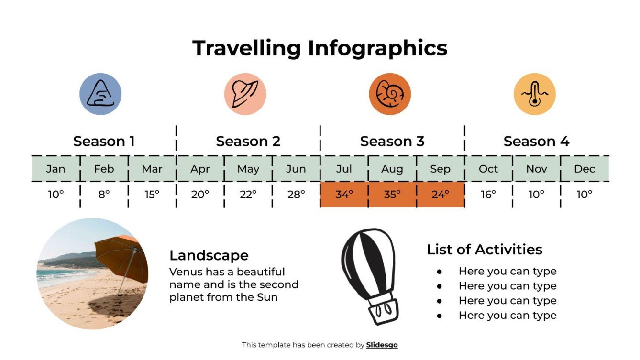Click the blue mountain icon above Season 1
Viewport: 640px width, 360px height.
(x=100, y=94)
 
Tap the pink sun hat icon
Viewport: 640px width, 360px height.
(x=245, y=94)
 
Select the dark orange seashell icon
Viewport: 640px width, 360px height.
(x=390, y=94)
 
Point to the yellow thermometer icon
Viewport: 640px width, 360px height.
(x=534, y=94)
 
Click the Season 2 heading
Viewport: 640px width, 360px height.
(x=248, y=142)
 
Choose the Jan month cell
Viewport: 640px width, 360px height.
(x=56, y=169)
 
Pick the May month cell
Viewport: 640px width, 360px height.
(x=248, y=169)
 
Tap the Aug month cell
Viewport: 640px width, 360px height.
(x=392, y=169)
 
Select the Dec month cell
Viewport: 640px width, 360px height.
(x=585, y=169)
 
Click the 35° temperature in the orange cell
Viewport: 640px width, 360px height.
(x=392, y=195)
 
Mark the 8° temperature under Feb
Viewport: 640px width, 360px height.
(x=104, y=195)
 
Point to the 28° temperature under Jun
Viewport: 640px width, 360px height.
(x=296, y=195)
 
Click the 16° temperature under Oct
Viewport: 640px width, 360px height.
(x=488, y=195)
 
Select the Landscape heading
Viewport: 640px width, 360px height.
(x=209, y=255)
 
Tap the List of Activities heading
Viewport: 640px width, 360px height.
(x=484, y=250)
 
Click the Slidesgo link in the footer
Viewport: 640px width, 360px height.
(x=382, y=345)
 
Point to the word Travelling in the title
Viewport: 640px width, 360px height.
(x=246, y=48)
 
